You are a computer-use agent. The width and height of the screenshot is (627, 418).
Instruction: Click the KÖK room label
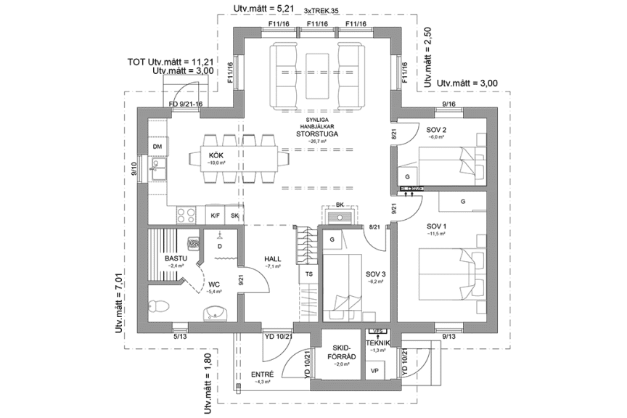pyautogui.click(x=216, y=155)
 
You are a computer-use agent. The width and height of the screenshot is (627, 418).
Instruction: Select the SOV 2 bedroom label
pyautogui.click(x=437, y=129)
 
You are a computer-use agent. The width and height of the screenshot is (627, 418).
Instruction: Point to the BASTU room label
pyautogui.click(x=176, y=258)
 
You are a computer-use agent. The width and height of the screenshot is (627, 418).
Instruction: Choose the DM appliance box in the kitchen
pyautogui.click(x=157, y=147)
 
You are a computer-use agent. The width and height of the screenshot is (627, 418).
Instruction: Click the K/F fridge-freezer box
pyautogui.click(x=215, y=216)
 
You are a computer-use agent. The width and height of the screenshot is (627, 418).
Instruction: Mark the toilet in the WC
pyautogui.click(x=159, y=308)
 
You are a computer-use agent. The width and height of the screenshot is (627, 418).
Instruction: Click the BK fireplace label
pyautogui.click(x=340, y=205)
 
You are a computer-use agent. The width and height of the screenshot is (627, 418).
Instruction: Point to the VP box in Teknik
pyautogui.click(x=374, y=370)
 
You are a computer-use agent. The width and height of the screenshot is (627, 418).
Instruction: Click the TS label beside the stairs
pyautogui.click(x=309, y=274)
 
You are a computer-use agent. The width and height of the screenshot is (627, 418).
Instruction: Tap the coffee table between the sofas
pyautogui.click(x=317, y=75)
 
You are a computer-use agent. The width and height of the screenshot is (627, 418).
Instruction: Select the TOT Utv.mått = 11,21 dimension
pyautogui.click(x=170, y=62)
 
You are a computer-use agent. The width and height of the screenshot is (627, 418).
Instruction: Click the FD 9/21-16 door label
pyautogui.click(x=185, y=104)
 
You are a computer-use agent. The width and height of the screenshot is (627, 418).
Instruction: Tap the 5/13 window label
pyautogui.click(x=180, y=336)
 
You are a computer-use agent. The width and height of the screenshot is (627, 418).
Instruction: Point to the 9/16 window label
pyautogui.click(x=449, y=104)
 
